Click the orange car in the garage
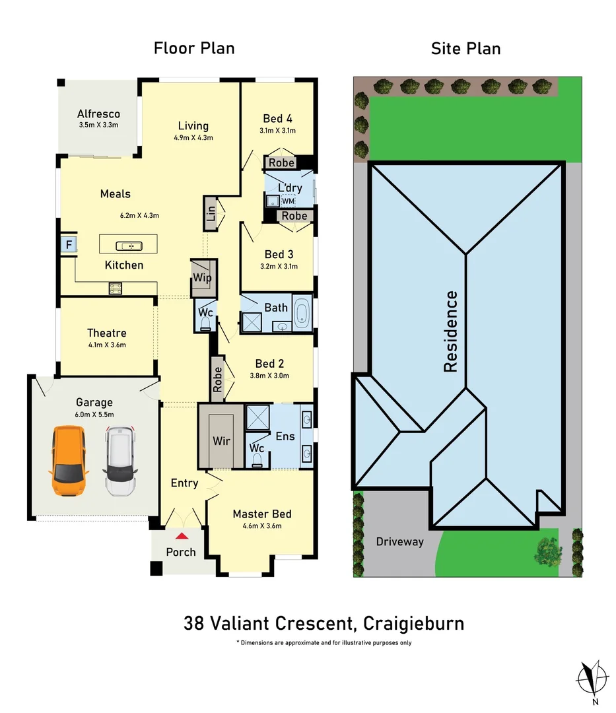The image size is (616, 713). (69, 461)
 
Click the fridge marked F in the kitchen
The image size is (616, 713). (67, 246)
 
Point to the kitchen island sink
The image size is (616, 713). (129, 246)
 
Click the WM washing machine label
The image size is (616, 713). (289, 201)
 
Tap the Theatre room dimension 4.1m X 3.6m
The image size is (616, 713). (106, 345)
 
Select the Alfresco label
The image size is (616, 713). (98, 114)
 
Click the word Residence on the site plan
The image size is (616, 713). (451, 331)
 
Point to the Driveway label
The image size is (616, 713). (399, 541)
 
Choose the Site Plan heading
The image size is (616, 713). (465, 48)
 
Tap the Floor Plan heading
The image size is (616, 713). (194, 48)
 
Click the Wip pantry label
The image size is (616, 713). (203, 278)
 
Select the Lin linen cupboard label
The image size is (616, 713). (210, 213)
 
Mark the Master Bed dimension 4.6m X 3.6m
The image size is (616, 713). (262, 526)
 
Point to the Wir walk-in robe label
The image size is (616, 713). (221, 440)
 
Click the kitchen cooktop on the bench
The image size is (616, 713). (116, 287)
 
